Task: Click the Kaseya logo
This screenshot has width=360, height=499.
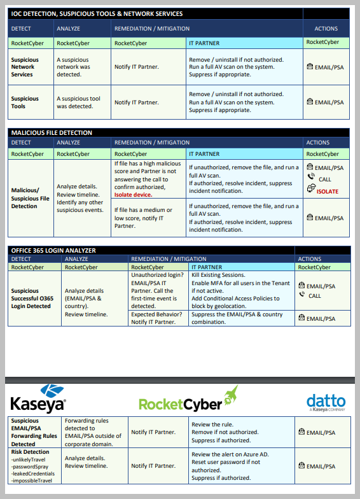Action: click(x=38, y=399)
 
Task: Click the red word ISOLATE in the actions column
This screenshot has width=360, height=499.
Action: click(x=327, y=192)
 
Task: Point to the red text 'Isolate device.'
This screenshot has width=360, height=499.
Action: click(x=134, y=195)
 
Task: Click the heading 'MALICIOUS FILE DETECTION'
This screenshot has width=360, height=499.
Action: click(x=52, y=133)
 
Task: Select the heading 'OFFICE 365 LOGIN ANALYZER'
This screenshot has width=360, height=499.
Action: click(x=53, y=251)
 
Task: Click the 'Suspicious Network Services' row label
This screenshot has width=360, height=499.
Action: click(x=25, y=67)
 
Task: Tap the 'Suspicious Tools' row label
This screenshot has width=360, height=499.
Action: click(x=25, y=102)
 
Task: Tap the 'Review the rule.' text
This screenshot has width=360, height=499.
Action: click(x=212, y=425)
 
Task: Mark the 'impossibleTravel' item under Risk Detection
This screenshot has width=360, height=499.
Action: click(x=32, y=481)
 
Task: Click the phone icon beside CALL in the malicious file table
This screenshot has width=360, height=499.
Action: click(x=311, y=178)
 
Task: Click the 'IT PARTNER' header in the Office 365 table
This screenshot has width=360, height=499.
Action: click(x=207, y=267)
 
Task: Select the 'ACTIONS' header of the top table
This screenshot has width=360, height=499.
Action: click(x=326, y=29)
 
